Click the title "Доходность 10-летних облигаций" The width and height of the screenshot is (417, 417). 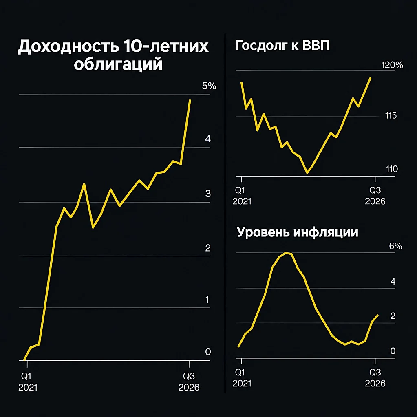click(113, 55)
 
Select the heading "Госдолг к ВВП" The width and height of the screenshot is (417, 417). click(282, 45)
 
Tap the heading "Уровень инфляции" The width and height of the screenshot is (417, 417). click(297, 232)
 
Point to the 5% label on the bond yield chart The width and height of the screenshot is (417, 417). click(209, 86)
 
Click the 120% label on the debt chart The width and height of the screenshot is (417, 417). click(392, 65)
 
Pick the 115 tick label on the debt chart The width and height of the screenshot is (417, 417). click(391, 115)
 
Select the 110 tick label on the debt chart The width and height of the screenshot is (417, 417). click(392, 169)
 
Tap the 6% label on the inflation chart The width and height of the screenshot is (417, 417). click(395, 246)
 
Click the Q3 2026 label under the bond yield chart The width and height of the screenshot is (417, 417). click(189, 382)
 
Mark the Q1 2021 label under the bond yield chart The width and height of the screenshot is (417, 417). click(28, 382)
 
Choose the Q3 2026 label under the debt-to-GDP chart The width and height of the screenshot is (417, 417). click(375, 196)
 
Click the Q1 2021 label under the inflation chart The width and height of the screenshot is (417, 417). click(242, 378)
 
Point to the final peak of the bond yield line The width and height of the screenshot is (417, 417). click(190, 100)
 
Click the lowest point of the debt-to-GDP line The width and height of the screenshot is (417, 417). click(307, 173)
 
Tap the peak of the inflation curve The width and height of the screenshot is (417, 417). click(286, 253)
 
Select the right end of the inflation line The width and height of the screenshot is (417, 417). click(377, 316)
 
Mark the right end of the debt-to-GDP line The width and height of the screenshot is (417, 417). click(371, 78)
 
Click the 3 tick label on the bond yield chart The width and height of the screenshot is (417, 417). click(208, 194)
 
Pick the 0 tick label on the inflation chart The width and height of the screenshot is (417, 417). click(393, 351)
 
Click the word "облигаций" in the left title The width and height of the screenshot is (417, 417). click(118, 64)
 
